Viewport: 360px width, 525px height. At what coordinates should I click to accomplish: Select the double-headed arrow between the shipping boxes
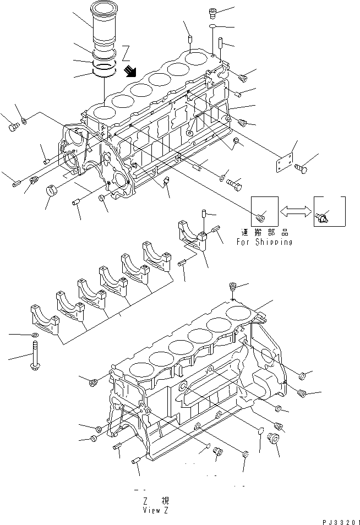(296, 211)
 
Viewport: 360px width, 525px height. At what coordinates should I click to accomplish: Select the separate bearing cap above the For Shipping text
(192, 234)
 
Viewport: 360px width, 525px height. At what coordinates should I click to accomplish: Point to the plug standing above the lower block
(233, 288)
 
